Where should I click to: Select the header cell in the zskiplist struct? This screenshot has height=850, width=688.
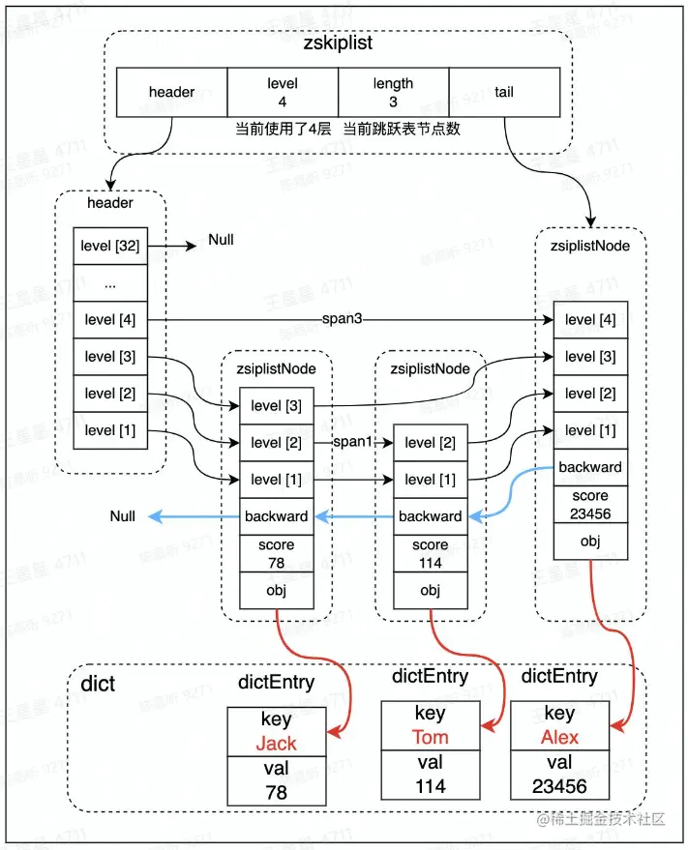point(171,93)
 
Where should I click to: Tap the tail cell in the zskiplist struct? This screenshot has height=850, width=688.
point(504,93)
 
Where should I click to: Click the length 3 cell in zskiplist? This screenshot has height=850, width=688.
point(393,93)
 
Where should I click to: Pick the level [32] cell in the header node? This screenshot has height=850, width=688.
point(110,247)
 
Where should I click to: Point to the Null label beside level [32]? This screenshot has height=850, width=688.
point(221,240)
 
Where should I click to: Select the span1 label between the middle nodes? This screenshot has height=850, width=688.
point(353,442)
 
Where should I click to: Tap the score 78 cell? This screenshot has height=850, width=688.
point(276,552)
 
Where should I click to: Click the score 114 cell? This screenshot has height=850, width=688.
point(430,552)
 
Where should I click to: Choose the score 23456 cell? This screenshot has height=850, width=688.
point(590,505)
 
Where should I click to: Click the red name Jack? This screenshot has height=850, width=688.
point(276,744)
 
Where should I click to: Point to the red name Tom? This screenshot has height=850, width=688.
point(430,737)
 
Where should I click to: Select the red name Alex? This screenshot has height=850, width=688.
point(559,737)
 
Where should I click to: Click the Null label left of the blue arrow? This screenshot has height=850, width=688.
point(123,516)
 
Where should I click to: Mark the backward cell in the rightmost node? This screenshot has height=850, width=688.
point(590,467)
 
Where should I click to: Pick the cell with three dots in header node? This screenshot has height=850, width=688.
point(110,283)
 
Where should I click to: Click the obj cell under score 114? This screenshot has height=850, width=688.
point(430,590)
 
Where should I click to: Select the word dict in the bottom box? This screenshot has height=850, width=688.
point(98,684)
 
